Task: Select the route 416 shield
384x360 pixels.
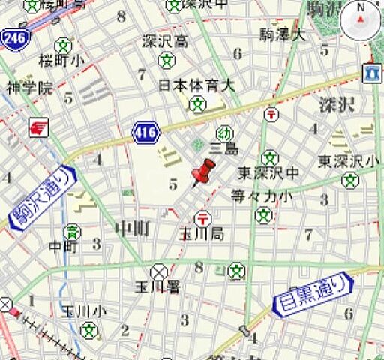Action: pyautogui.click(x=145, y=133)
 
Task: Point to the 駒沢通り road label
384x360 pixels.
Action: pyautogui.click(x=44, y=198)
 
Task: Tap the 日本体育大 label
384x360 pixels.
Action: pyautogui.click(x=196, y=85)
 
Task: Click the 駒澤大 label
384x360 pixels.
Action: pyautogui.click(x=283, y=34)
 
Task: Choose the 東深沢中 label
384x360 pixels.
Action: pyautogui.click(x=268, y=173)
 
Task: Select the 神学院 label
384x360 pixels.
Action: pyautogui.click(x=30, y=88)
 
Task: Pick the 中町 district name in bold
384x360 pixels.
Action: pyautogui.click(x=135, y=228)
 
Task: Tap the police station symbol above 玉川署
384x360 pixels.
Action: pyautogui.click(x=159, y=271)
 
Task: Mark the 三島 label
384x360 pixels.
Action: pyautogui.click(x=224, y=149)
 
